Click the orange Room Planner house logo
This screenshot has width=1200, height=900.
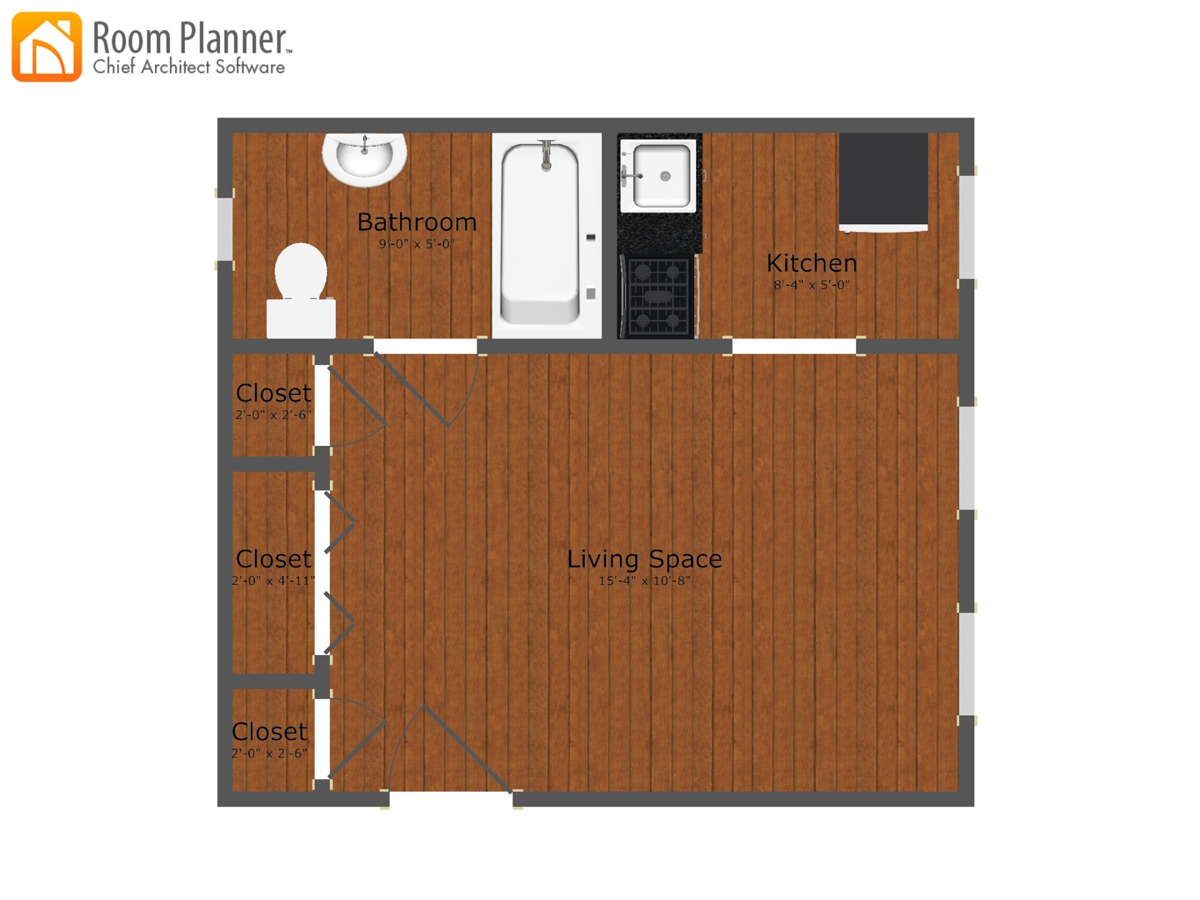coord(47,47)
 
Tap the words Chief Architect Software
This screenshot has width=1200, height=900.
coord(188,67)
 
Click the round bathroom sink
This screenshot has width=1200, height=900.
coord(364,159)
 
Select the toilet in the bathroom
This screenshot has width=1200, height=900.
coord(301,290)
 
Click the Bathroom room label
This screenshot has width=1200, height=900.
coord(417,222)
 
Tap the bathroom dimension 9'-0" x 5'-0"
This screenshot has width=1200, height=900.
coord(417,243)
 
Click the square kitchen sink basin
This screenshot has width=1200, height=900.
coord(661,175)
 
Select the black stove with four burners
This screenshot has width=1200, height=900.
coord(658,297)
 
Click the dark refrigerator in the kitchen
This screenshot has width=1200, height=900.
coord(883,182)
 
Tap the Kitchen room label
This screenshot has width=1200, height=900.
coord(812,263)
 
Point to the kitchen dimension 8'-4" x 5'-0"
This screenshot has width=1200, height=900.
coord(812,285)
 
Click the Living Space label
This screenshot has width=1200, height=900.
coord(644,559)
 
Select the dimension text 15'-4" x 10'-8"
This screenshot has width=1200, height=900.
coord(644,580)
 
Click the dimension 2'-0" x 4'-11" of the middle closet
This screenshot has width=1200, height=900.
coord(273,580)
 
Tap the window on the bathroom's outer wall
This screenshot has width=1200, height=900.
coord(225,229)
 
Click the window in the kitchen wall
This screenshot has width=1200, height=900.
coord(967,227)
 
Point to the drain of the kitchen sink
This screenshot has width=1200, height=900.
coord(665,176)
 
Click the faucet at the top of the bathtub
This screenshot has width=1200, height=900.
coord(546,156)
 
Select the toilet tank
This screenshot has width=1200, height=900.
coord(301,318)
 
